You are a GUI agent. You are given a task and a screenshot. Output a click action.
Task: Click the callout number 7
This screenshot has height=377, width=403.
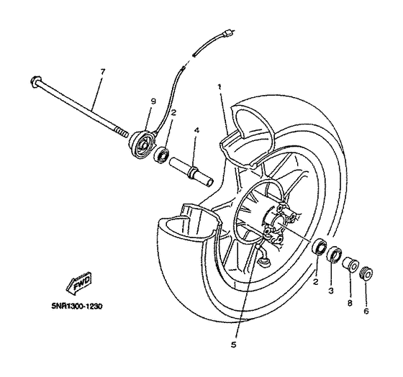pos(102,72)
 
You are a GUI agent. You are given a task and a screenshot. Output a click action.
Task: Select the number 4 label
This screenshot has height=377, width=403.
pos(196,131)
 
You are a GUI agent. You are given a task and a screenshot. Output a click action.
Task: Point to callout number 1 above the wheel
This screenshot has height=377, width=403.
pos(220,86)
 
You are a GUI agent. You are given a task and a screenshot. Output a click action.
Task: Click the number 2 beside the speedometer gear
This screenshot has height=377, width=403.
pos(173,112)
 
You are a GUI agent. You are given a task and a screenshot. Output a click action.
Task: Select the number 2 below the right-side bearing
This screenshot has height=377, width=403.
pos(314,283)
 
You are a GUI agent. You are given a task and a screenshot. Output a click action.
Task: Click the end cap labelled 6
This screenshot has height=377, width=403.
pos(365,273)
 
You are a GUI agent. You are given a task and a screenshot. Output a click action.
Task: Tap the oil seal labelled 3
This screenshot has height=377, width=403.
pos(333,255)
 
